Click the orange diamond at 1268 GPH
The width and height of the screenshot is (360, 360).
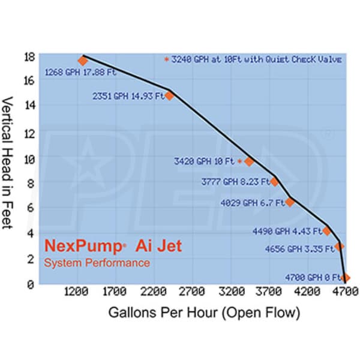(83, 61)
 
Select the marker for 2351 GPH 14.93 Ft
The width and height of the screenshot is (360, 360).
(170, 95)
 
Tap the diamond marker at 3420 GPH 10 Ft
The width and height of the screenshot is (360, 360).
(249, 162)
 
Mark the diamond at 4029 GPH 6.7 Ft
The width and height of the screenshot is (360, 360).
(290, 202)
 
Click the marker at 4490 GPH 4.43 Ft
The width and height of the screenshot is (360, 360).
(327, 231)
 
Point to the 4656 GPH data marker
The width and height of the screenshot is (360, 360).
(340, 246)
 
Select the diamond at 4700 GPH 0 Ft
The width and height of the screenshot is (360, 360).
(346, 278)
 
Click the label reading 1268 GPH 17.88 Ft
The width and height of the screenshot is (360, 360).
(80, 73)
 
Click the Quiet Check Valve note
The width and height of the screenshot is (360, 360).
(254, 59)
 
